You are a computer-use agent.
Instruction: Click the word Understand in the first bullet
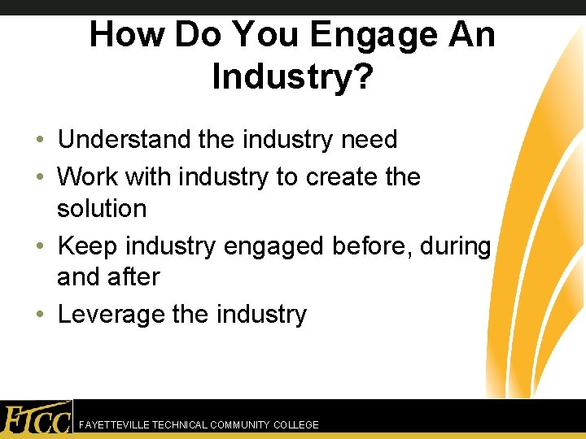124,140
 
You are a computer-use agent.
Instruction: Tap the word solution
102,209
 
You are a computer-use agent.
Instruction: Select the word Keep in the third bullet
87,246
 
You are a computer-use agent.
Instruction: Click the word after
135,277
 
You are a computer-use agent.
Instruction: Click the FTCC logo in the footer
36,419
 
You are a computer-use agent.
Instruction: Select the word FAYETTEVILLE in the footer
113,425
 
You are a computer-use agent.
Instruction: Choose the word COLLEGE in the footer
296,425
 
